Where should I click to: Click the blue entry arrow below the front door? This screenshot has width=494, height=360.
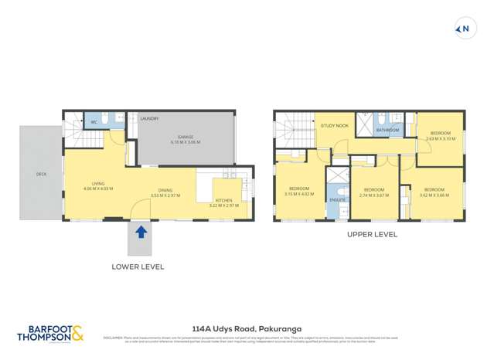(x=141, y=230)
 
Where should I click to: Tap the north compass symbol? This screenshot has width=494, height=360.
(x=464, y=29)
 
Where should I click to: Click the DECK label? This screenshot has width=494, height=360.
(x=41, y=174)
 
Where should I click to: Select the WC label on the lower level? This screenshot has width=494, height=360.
(x=94, y=122)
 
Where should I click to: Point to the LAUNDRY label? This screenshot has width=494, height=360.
(x=149, y=118)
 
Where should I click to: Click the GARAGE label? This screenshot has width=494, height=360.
(x=186, y=138)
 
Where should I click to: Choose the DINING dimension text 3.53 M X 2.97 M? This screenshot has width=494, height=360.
(x=165, y=195)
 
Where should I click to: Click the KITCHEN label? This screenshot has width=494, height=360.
(x=223, y=200)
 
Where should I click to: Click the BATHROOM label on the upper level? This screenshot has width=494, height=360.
(x=387, y=130)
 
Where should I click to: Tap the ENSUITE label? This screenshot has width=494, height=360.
(x=337, y=199)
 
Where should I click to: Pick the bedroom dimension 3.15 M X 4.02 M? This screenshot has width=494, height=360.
(x=299, y=195)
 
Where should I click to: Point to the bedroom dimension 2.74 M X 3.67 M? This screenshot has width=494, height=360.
(x=374, y=195)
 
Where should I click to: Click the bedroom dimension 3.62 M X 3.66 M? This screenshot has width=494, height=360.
(x=434, y=195)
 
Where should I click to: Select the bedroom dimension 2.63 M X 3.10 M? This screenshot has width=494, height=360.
(x=440, y=138)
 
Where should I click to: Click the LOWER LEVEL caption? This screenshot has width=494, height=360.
(x=138, y=267)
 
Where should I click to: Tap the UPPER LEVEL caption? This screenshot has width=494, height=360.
(x=371, y=234)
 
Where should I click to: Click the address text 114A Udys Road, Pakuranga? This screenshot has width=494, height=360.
(x=246, y=327)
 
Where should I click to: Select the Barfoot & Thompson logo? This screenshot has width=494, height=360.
(x=50, y=332)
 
